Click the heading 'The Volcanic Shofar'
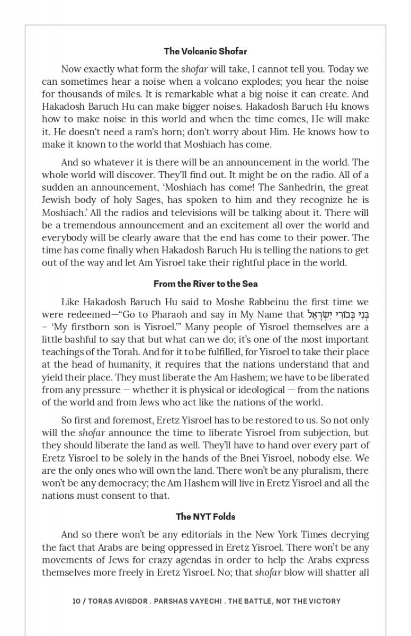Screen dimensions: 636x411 205,51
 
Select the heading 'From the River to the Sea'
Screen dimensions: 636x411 205,284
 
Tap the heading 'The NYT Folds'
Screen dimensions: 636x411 205,516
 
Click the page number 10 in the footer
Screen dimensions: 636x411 76,601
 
